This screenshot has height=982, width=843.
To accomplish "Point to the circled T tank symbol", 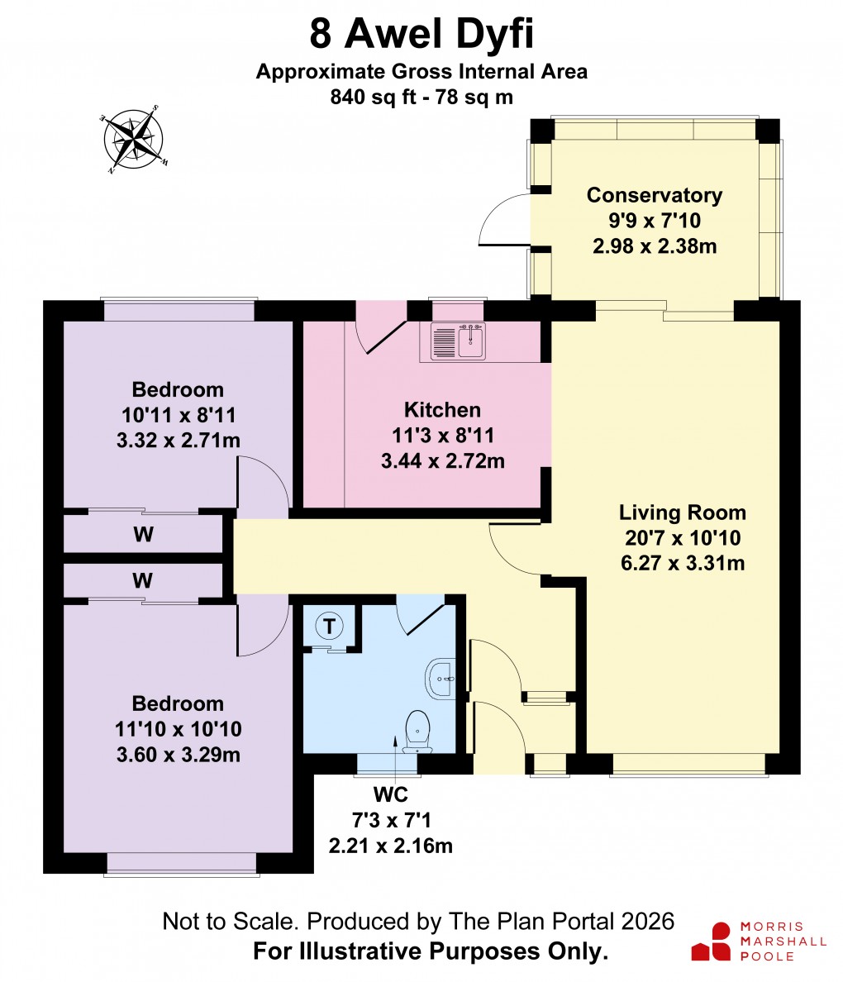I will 331,627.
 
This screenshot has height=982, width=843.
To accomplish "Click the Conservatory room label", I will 654,195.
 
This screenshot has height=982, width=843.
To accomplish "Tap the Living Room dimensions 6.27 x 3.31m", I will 683,564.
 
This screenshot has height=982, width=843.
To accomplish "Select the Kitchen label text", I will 442,410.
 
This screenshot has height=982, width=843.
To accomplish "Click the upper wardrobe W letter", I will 143,535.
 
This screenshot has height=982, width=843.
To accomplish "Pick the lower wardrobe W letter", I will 143,581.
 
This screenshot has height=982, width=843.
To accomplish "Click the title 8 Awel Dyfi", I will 421,36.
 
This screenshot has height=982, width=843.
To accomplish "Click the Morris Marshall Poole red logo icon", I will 711,941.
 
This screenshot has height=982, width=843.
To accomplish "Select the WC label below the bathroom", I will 391,795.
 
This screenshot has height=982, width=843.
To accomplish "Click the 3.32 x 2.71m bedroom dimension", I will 179,440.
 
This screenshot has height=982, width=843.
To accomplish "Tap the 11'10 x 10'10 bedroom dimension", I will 179,729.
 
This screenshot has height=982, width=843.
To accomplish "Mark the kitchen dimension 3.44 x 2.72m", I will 442,460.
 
